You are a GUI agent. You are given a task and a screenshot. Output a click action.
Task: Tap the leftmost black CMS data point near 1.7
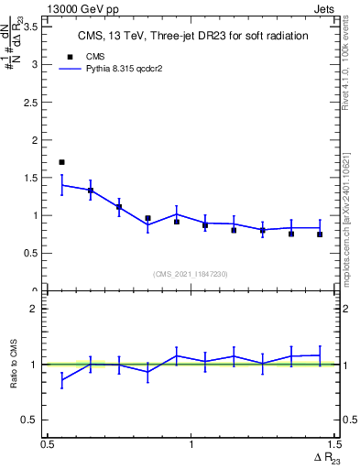[x=61, y=162]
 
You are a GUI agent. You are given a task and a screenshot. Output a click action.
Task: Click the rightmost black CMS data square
[x=320, y=234]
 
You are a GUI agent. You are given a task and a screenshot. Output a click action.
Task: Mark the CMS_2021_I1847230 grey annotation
[x=191, y=273]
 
